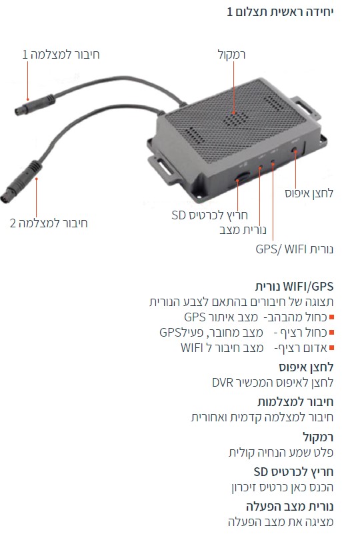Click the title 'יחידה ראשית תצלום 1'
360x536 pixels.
pyautogui.click(x=280, y=12)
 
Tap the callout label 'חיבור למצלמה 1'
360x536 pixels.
pyautogui.click(x=61, y=55)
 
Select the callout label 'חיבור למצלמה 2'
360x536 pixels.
pyautogui.click(x=49, y=223)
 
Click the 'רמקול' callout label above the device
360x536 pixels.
pyautogui.click(x=232, y=55)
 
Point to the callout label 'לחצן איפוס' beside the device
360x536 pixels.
pyautogui.click(x=309, y=193)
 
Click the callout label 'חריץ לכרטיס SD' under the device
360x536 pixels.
pyautogui.click(x=209, y=215)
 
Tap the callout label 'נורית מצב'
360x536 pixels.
pyautogui.click(x=243, y=230)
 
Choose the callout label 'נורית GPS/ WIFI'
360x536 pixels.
pyautogui.click(x=295, y=249)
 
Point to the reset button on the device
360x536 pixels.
pyautogui.click(x=294, y=149)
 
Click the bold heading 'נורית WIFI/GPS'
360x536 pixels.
pyautogui.click(x=294, y=287)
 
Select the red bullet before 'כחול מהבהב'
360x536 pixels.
pyautogui.click(x=331, y=317)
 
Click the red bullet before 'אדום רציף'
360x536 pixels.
pyautogui.click(x=331, y=348)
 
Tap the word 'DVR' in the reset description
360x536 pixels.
pyautogui.click(x=223, y=383)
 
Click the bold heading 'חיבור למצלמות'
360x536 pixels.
pyautogui.click(x=295, y=401)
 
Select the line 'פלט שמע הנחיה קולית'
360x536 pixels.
pyautogui.click(x=281, y=452)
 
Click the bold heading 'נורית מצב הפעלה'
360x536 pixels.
pyautogui.click(x=289, y=506)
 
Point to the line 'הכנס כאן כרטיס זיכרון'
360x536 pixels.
pyautogui.click(x=283, y=487)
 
